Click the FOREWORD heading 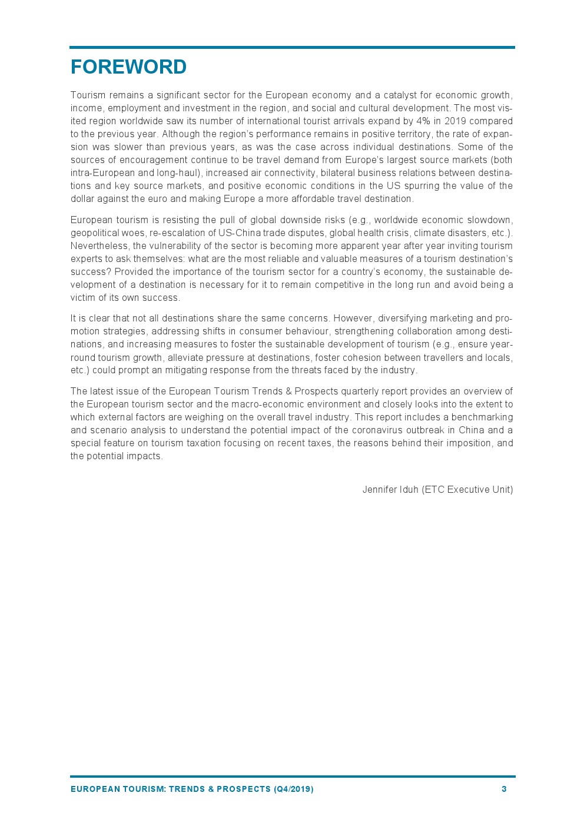128,67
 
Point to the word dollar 82,199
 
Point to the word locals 499,357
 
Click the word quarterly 359,392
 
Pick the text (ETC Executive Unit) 467,490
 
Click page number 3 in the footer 504,789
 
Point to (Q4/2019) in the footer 293,789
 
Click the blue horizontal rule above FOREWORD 292,47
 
